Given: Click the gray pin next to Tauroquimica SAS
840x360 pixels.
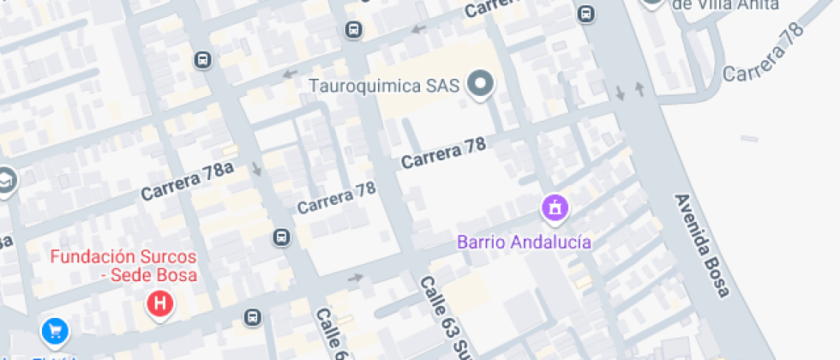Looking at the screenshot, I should click(x=481, y=85).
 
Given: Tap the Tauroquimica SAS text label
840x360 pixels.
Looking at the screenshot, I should click(x=385, y=86).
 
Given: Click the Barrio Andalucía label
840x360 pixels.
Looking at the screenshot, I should click(x=524, y=242).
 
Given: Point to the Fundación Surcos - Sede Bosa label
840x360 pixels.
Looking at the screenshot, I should click(x=123, y=266).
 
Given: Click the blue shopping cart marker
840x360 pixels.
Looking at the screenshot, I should click(x=56, y=330).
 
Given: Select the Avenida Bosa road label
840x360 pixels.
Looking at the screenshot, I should click(x=701, y=244).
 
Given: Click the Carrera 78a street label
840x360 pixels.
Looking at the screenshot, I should click(x=188, y=182).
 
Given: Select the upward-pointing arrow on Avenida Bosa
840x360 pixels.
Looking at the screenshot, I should click(x=639, y=87).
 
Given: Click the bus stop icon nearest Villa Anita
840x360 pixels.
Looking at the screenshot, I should click(x=586, y=15).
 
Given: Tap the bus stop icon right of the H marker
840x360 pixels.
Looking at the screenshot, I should click(x=253, y=317).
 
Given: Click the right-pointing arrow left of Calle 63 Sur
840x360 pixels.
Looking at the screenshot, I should click(x=356, y=278).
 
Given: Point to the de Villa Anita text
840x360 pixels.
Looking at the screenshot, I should click(x=725, y=4).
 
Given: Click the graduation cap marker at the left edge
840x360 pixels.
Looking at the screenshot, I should click(x=5, y=181).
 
